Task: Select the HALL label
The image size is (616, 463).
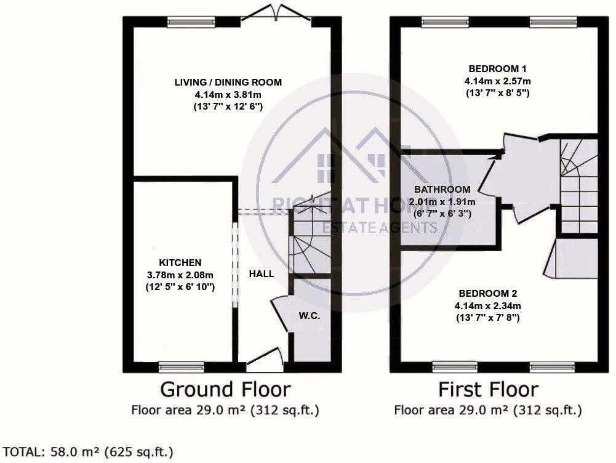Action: coord(262,274)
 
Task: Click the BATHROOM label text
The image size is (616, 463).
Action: coord(442,190)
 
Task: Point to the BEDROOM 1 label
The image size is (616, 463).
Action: coord(498,68)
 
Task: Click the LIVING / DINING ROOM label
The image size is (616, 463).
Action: coord(228,82)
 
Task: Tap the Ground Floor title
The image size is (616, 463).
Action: coord(225,389)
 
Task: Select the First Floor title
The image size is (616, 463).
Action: coord(488,389)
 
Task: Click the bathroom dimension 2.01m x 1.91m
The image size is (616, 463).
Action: coord(442,201)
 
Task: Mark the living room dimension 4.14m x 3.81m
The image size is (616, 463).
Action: coord(228,95)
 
